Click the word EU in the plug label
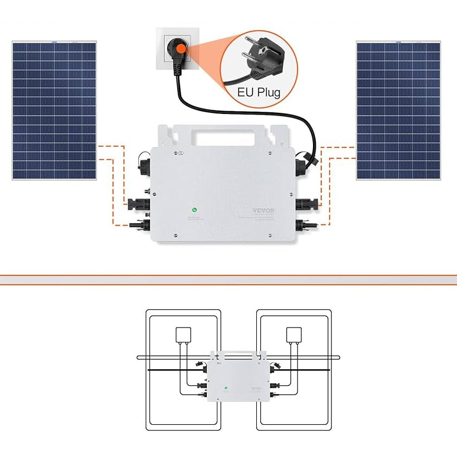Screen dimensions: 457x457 click(246, 92)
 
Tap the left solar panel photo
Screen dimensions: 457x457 click(54, 110)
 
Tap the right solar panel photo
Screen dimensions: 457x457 click(398, 110)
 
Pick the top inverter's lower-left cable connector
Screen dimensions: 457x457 click(139, 226)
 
